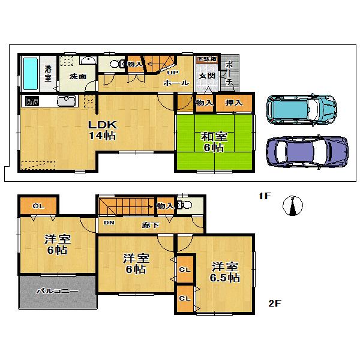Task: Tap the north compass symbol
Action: (x=292, y=205)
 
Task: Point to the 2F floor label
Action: (x=274, y=303)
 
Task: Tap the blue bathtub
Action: (x=30, y=73)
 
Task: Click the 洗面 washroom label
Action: (x=77, y=77)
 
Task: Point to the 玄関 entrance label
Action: (x=207, y=76)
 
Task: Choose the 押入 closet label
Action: (x=233, y=103)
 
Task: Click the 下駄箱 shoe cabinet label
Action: (x=206, y=59)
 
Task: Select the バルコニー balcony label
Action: (x=57, y=291)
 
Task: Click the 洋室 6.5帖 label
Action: (x=225, y=272)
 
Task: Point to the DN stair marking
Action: (x=109, y=223)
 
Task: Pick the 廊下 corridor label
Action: (x=151, y=226)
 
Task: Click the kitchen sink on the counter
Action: (x=65, y=101)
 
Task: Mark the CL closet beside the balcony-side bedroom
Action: (x=38, y=206)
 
